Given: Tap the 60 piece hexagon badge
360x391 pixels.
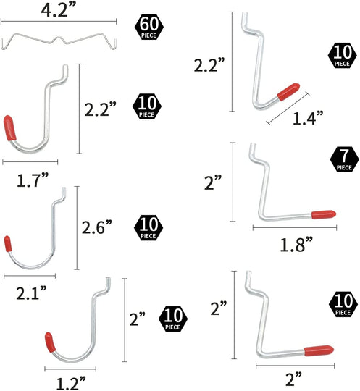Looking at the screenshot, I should point(148,28).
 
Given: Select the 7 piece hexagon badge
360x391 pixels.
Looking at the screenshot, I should point(343,160).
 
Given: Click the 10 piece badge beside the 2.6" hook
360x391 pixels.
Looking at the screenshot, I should point(147,227).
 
